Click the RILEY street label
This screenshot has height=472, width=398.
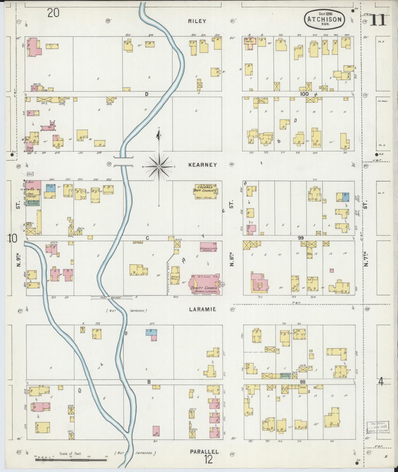[197, 21]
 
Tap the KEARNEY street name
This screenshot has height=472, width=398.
[202, 165]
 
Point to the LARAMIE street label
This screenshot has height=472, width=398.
[202, 309]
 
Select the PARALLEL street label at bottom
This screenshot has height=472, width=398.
[204, 452]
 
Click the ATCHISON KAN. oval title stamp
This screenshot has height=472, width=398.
[324, 19]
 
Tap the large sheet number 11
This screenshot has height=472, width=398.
[378, 20]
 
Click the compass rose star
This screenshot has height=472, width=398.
[159, 167]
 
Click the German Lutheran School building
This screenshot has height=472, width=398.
[211, 247]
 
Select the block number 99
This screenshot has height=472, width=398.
[300, 238]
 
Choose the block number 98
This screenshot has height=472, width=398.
[303, 382]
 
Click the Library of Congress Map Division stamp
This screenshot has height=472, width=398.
[378, 427]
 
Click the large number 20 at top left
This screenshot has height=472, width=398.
[53, 13]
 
